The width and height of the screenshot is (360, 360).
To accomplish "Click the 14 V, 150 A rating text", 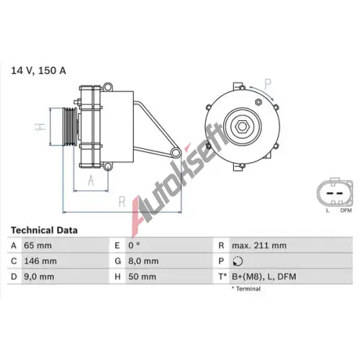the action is click(x=38, y=71).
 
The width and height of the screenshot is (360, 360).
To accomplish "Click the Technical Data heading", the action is click(x=44, y=230).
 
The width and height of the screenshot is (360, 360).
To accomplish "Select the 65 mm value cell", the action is click(x=37, y=246).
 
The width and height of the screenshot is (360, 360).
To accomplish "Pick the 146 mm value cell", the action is click(x=40, y=261).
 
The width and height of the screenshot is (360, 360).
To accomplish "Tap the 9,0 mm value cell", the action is click(x=39, y=276).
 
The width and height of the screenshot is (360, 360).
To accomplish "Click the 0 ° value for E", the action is click(x=134, y=246).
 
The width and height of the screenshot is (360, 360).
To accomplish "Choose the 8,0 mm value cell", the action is click(x=143, y=261).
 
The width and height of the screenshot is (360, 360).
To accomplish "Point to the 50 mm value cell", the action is click(x=142, y=276).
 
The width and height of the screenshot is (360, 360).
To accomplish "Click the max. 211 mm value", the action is click(x=259, y=246).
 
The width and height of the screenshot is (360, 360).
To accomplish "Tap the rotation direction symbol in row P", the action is click(x=238, y=261).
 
